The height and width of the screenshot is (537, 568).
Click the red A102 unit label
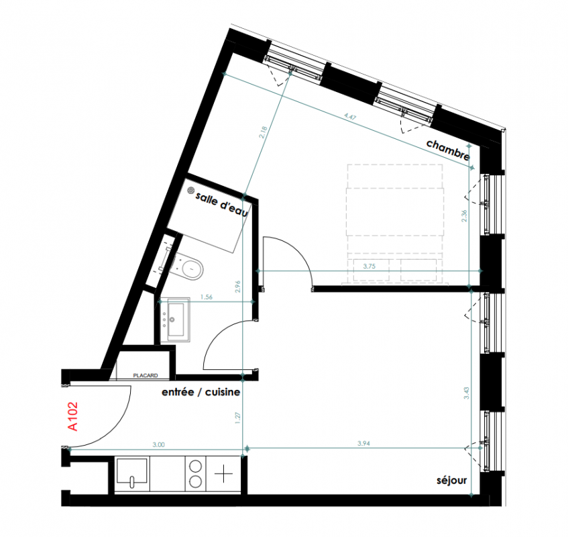pyautogui.click(x=73, y=416)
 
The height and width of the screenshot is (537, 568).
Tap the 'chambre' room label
pyautogui.click(x=448, y=150)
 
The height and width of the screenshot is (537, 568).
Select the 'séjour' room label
pyautogui.click(x=452, y=481)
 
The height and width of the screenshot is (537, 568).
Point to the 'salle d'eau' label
pyautogui.click(x=222, y=205)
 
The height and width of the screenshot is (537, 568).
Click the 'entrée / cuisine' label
pyautogui.click(x=201, y=392)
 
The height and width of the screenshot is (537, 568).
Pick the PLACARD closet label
pyautogui.click(x=146, y=376)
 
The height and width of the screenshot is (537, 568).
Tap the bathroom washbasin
pyautogui.click(x=175, y=320)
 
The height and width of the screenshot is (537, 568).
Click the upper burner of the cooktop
pyautogui.click(x=196, y=466)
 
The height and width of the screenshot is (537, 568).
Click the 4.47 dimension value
pyautogui.click(x=350, y=117)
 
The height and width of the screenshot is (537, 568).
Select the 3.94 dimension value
pyautogui.click(x=363, y=443)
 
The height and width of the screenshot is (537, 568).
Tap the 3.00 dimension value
pyautogui.click(x=159, y=444)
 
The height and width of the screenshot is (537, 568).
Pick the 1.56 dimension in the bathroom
pyautogui.click(x=207, y=297)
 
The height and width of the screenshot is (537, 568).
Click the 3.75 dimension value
pyautogui.click(x=369, y=266)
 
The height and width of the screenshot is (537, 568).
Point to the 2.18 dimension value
pyautogui.click(x=263, y=132)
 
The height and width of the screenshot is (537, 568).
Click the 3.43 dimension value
pyautogui.click(x=466, y=393)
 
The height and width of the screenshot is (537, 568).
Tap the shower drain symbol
pyautogui.click(x=191, y=191)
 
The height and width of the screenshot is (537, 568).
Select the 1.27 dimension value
pyautogui.click(x=237, y=418)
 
